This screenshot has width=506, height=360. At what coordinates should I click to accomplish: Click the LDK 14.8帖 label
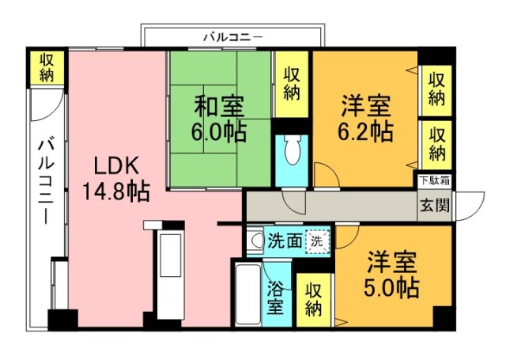pyautogui.click(x=115, y=177)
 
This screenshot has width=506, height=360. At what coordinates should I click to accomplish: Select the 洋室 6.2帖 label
pyautogui.click(x=366, y=117)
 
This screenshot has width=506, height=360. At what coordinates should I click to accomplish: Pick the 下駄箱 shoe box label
pyautogui.click(x=434, y=180)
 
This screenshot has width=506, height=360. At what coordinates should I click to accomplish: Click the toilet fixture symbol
pyautogui.click(x=290, y=149)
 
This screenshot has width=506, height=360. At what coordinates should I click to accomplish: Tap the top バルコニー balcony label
pyautogui.click(x=232, y=36)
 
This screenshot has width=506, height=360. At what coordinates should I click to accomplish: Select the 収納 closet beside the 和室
pyautogui.click(x=292, y=84)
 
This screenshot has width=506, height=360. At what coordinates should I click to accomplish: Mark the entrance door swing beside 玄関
pyautogui.click(x=471, y=207)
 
